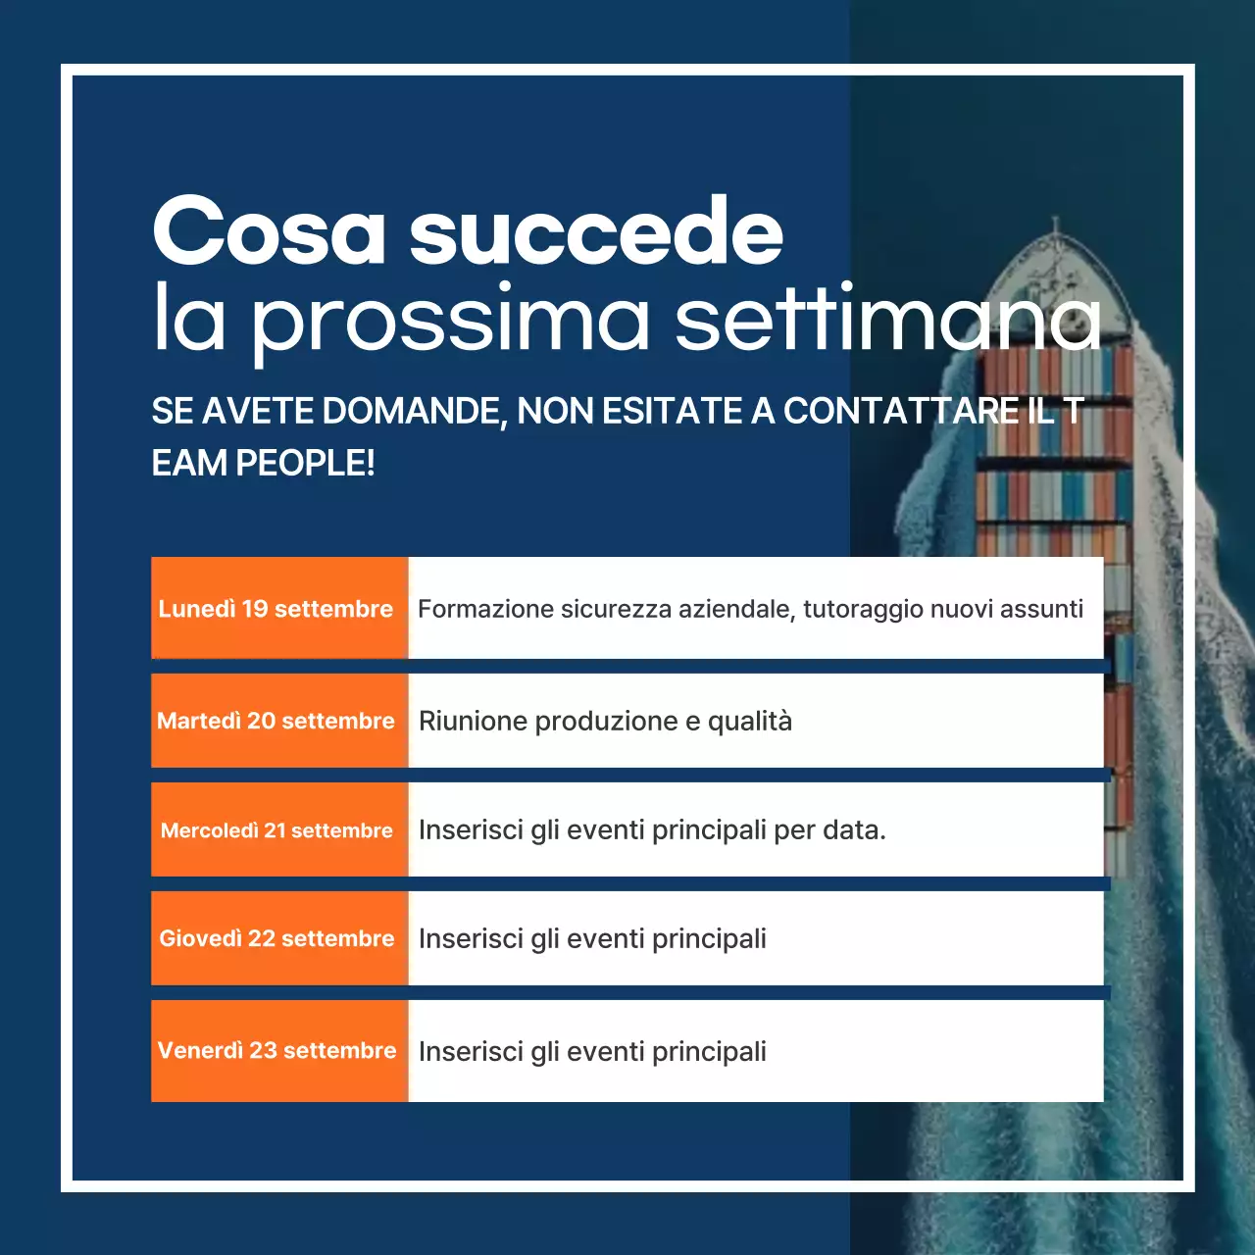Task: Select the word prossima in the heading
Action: pos(451,320)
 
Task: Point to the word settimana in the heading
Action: pos(888,320)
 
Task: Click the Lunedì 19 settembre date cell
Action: pos(278,608)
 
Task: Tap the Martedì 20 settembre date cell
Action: pos(278,721)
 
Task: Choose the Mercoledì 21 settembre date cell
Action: pos(278,830)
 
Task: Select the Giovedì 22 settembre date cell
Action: pos(278,938)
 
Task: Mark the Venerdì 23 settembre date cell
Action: pos(278,1050)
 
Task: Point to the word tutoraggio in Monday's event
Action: pos(862,610)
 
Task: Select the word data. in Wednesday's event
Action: pos(854,829)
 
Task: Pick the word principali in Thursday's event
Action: pos(709,939)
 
